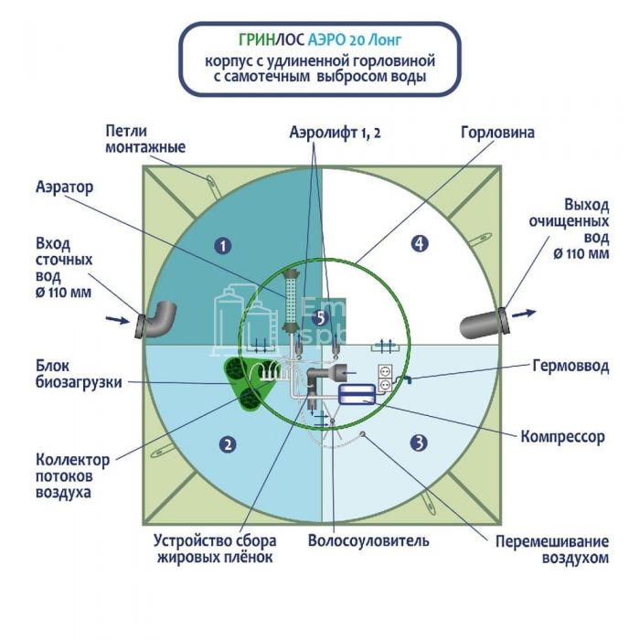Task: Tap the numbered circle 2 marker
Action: tap(227, 444)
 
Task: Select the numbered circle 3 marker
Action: tap(419, 443)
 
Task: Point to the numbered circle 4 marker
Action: tap(419, 243)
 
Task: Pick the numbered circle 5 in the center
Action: tap(318, 317)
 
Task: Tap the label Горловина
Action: tap(498, 133)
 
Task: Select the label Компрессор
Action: tap(561, 436)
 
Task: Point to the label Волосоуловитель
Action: tap(368, 540)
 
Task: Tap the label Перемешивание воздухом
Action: tap(551, 549)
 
